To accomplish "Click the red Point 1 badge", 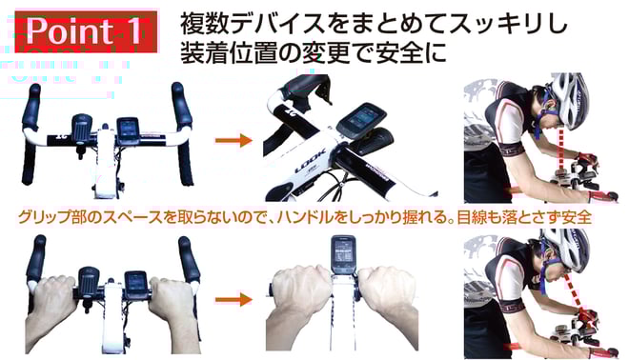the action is click(86, 31).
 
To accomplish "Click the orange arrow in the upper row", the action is click(233, 140).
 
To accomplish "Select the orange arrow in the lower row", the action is click(233, 299).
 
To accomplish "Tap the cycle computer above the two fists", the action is click(343, 254).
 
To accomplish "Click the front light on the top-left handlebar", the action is click(82, 131).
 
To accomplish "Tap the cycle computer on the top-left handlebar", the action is click(128, 130).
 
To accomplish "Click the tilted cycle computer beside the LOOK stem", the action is click(360, 120).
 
